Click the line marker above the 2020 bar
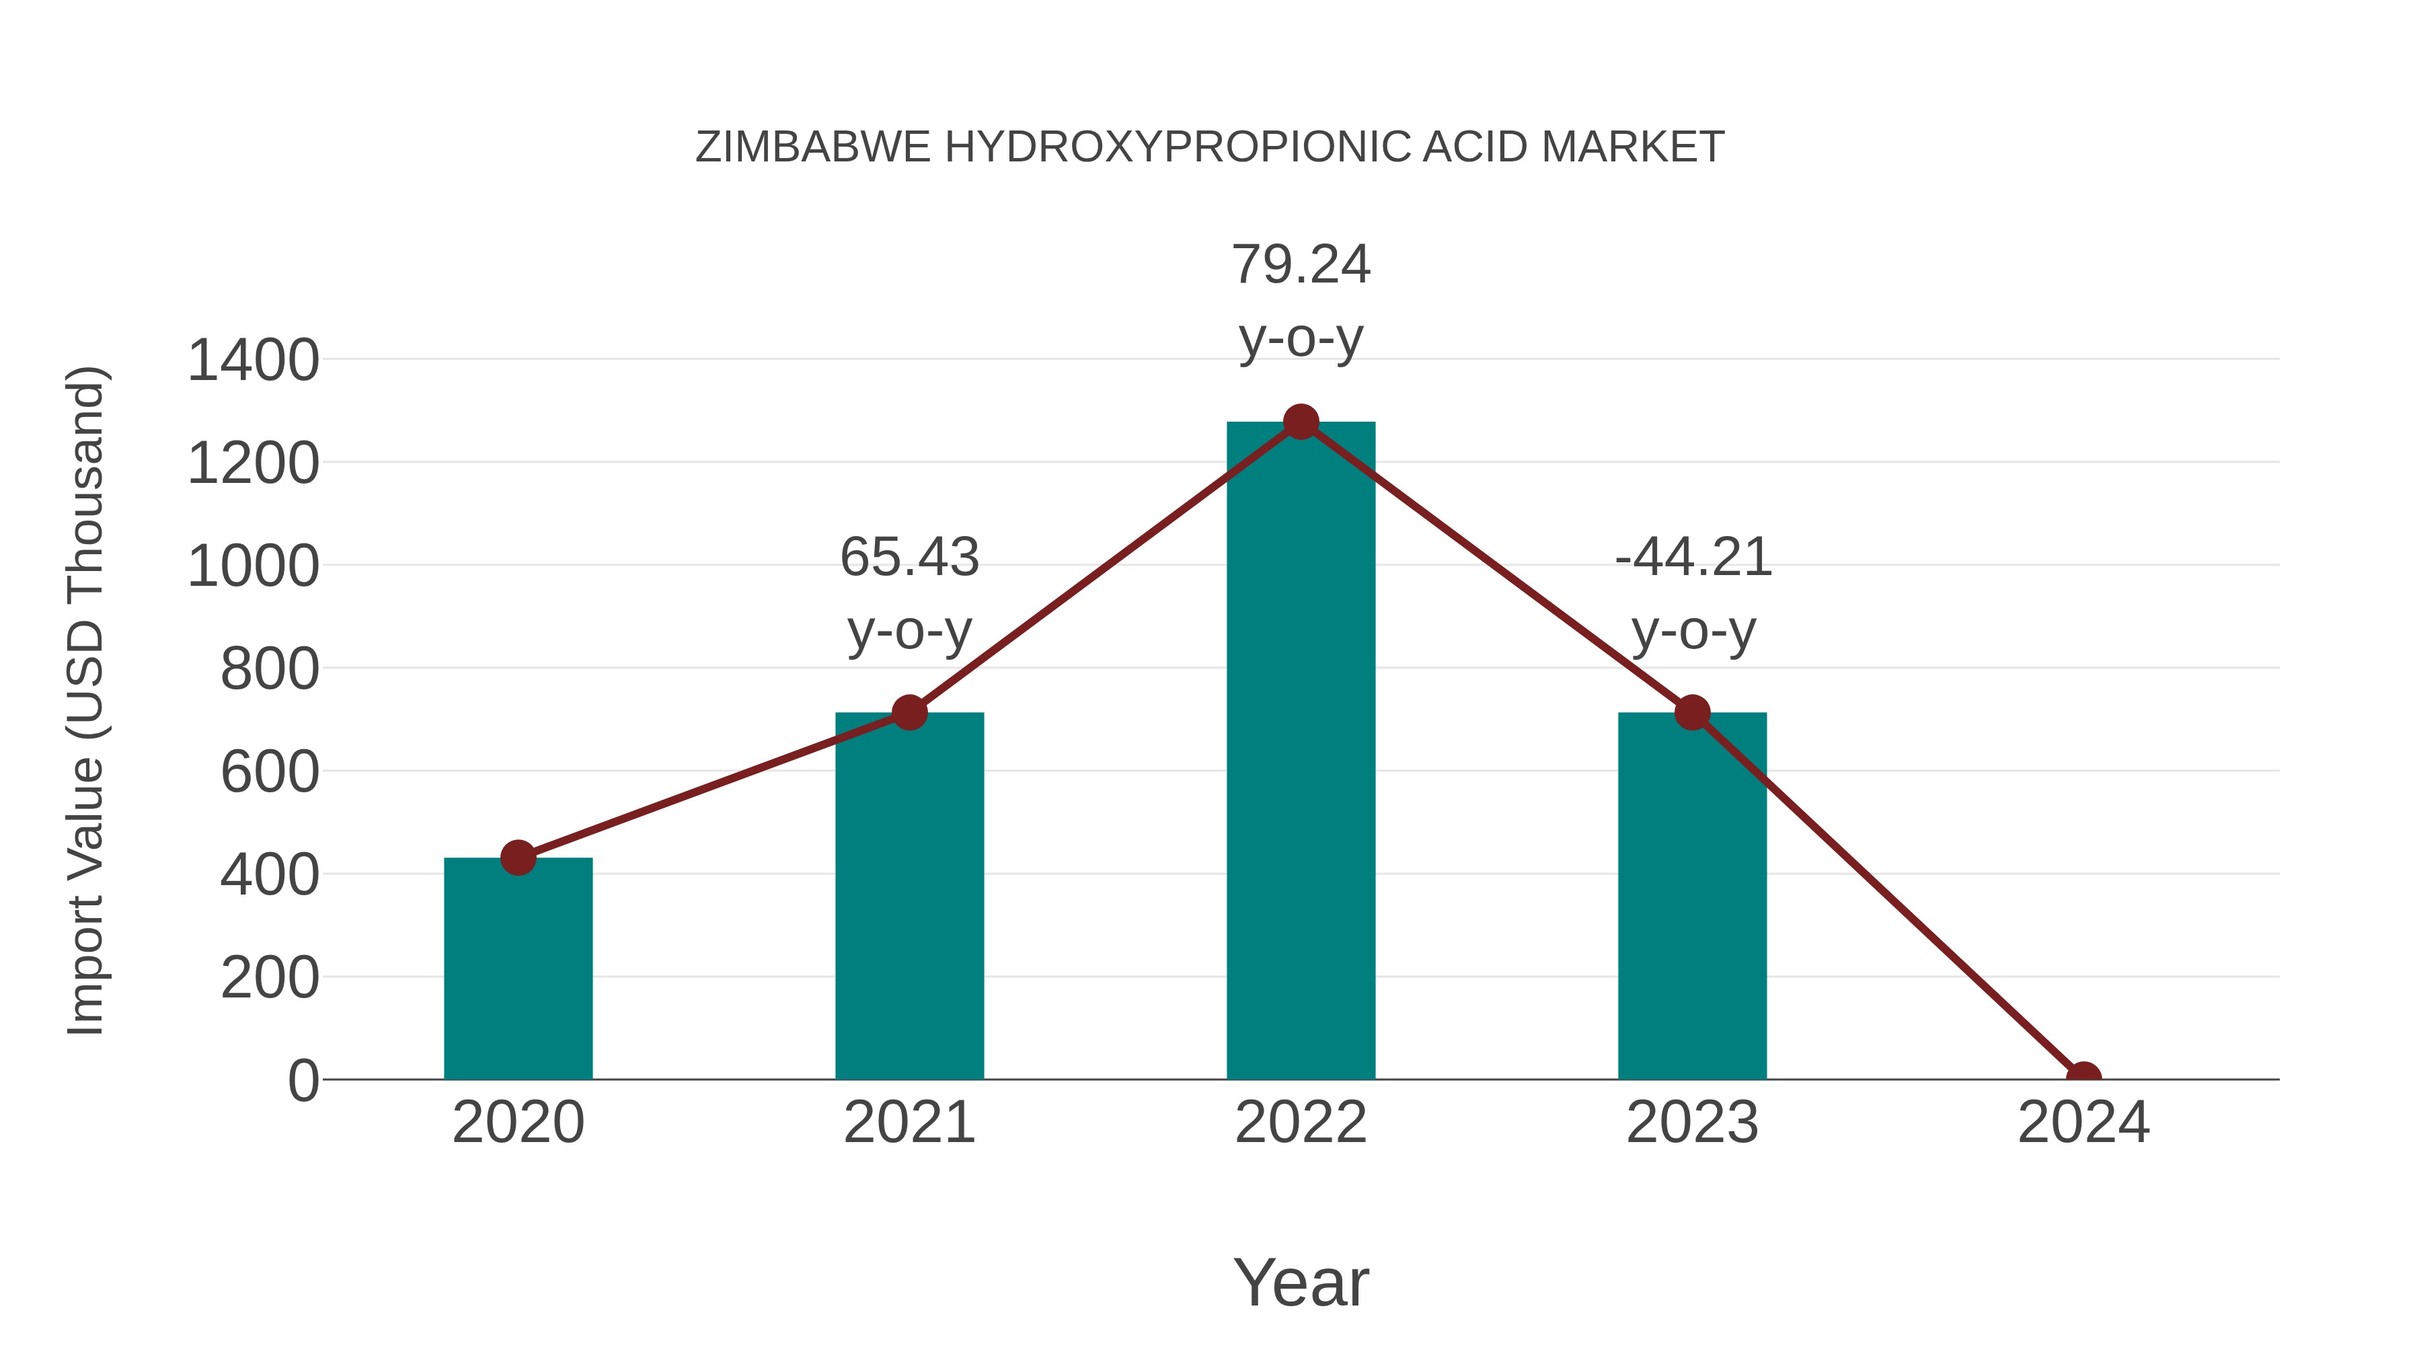coord(518,858)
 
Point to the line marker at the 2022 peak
coord(1301,422)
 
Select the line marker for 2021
coord(909,712)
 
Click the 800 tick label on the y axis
coord(270,669)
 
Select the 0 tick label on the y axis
coord(303,1080)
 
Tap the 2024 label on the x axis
coord(2083,1123)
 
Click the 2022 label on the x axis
coord(1301,1123)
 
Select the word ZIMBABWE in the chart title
coord(813,147)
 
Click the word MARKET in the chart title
coord(1632,147)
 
